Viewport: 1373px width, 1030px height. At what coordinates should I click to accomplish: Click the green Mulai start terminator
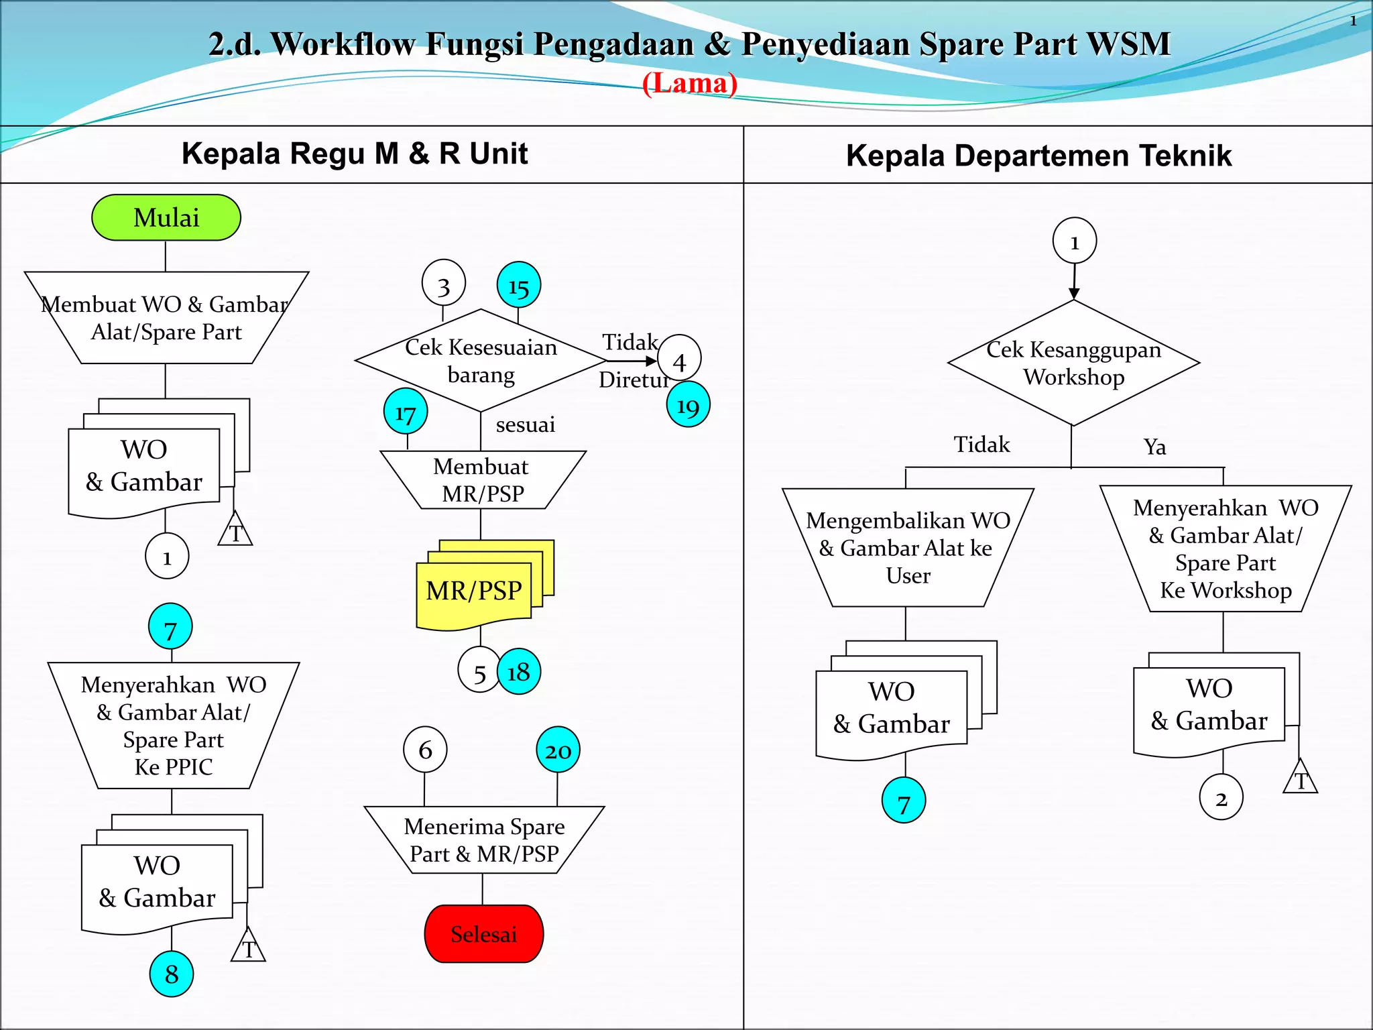(x=166, y=218)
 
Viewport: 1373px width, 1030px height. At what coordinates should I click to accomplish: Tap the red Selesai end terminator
(x=483, y=933)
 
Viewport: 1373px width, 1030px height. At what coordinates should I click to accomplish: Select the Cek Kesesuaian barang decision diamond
(x=481, y=361)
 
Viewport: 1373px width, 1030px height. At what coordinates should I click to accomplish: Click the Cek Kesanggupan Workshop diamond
(x=1073, y=363)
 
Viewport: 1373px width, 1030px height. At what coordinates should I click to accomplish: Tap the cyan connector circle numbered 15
(x=519, y=285)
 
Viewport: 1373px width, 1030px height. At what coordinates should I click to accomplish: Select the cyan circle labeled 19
(x=688, y=404)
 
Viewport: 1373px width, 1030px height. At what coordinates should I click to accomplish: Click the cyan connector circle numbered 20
(x=558, y=750)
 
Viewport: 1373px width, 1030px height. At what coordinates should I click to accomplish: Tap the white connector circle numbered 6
(x=425, y=749)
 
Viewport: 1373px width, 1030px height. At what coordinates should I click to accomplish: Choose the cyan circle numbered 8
(x=172, y=974)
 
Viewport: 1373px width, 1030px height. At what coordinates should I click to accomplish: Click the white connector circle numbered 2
(x=1221, y=797)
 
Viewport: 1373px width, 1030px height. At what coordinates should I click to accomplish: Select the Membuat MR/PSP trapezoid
(x=483, y=480)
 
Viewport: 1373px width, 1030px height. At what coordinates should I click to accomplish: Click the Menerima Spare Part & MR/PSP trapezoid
(x=484, y=840)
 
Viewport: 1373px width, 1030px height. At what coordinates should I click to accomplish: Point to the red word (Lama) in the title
(x=690, y=84)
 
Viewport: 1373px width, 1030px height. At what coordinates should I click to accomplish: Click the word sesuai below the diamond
(x=525, y=424)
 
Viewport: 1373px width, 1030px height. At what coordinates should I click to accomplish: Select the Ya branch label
(x=1154, y=447)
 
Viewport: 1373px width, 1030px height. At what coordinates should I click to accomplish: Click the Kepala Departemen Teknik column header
(x=1038, y=156)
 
